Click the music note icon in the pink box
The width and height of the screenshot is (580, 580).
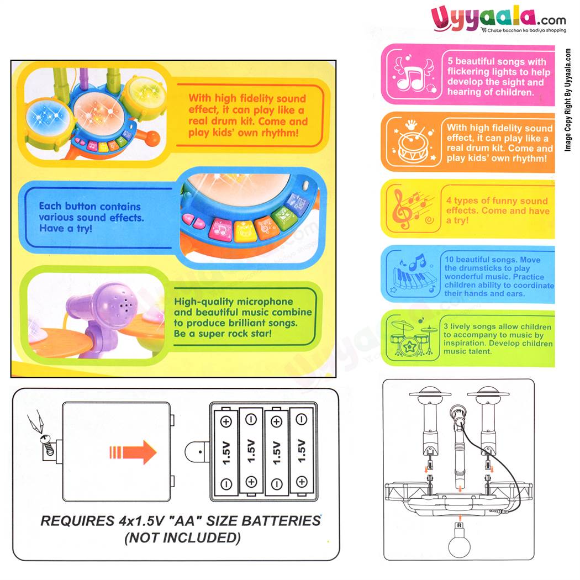pos(412,74)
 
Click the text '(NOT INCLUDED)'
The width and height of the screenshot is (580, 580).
pos(182,537)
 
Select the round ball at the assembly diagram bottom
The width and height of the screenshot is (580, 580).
pos(459,544)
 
